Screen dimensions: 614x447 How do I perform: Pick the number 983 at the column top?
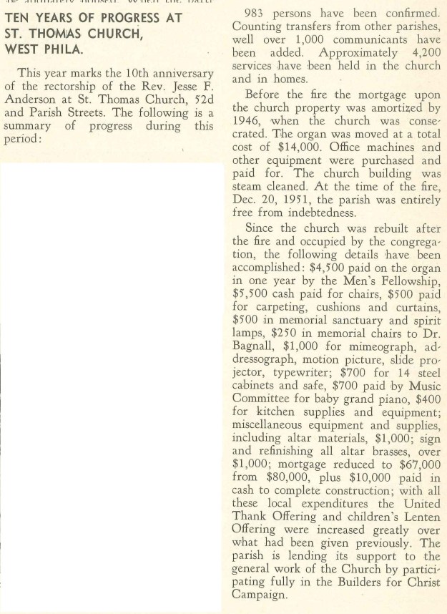257,14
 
